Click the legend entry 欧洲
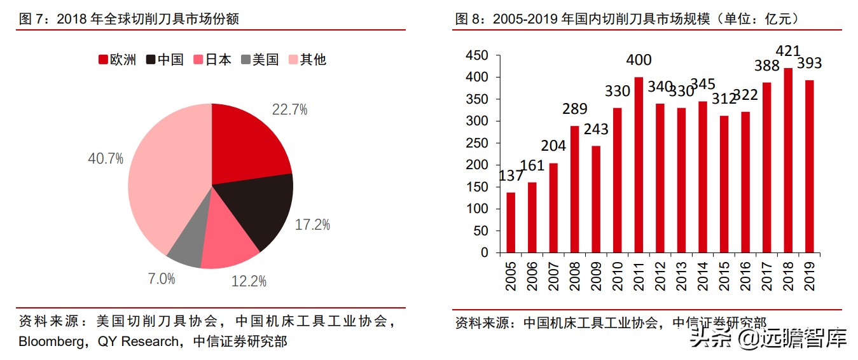(118, 60)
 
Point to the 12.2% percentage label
(249, 280)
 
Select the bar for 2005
(511, 222)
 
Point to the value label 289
(574, 109)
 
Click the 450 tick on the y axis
(476, 56)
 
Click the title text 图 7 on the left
(31, 19)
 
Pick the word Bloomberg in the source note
(53, 342)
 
